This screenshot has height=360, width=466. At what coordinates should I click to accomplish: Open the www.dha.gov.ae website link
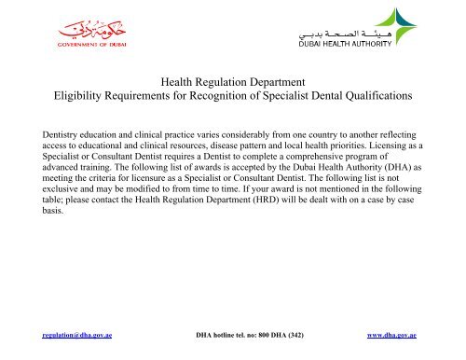391,334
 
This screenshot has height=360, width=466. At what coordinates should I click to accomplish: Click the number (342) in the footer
292,334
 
